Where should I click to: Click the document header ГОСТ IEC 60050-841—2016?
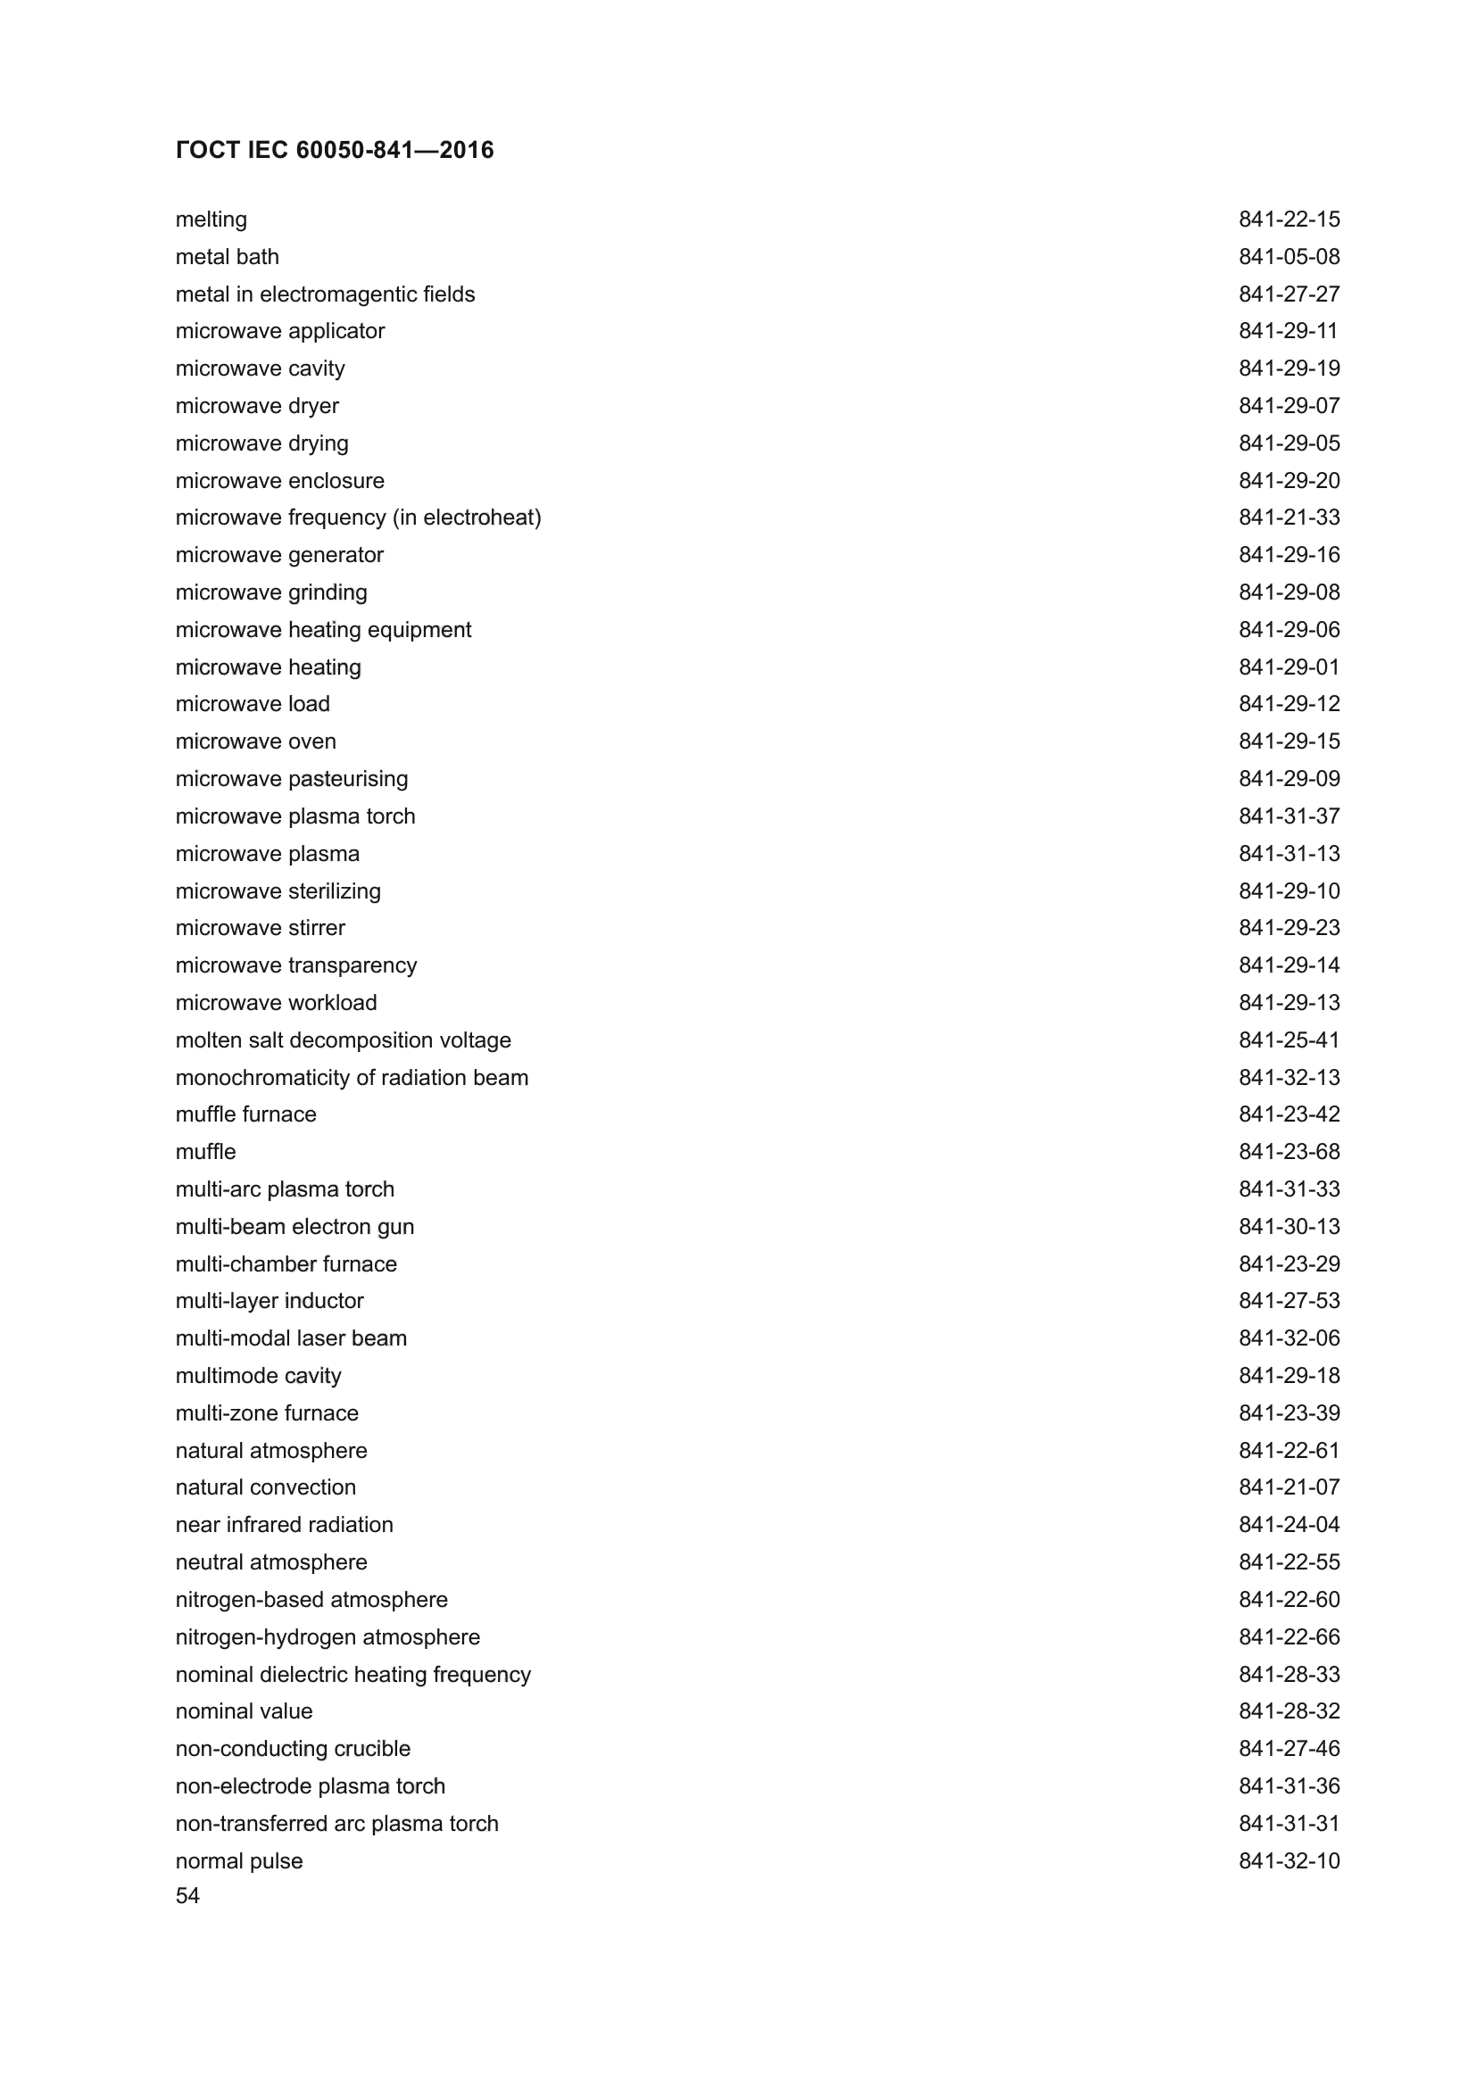click(335, 150)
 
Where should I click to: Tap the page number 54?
click(187, 1896)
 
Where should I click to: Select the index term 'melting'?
click(211, 220)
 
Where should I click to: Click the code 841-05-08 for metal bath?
click(1289, 257)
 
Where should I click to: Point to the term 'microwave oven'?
click(255, 741)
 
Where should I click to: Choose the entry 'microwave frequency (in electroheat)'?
click(358, 518)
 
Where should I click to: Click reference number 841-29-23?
click(1289, 928)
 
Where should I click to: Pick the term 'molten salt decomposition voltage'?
click(343, 1040)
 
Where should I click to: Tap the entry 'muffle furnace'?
click(245, 1114)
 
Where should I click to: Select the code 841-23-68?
click(1289, 1153)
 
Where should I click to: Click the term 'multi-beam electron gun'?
click(294, 1227)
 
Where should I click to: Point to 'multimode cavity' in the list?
click(258, 1376)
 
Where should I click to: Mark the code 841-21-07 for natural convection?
click(1289, 1488)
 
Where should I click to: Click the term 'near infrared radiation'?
click(284, 1525)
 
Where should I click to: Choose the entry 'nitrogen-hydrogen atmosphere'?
click(328, 1637)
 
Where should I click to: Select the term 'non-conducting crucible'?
click(293, 1749)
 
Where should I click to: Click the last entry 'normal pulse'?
click(239, 1860)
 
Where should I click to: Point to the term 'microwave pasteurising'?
click(292, 779)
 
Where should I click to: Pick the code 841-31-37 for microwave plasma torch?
click(1289, 816)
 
